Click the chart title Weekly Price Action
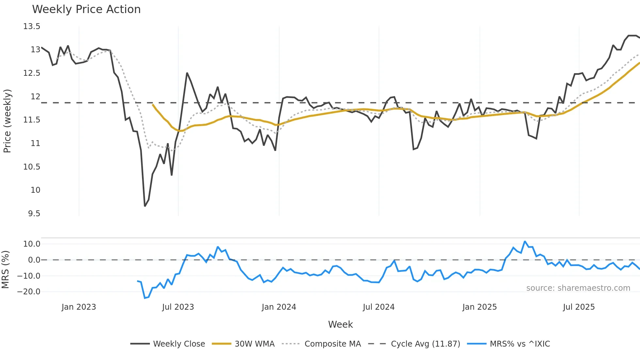(x=86, y=9)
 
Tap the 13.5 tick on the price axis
(x=32, y=26)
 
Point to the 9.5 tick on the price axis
(x=34, y=214)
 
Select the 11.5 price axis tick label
(x=32, y=120)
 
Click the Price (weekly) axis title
(x=7, y=121)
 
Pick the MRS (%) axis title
(x=5, y=270)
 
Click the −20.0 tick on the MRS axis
(x=29, y=292)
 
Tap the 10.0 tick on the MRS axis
(x=32, y=244)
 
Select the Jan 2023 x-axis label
(x=79, y=307)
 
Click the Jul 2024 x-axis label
(x=378, y=307)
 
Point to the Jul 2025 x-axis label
(x=579, y=307)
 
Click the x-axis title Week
(x=340, y=324)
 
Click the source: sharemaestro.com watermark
(x=578, y=288)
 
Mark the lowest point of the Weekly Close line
(x=145, y=206)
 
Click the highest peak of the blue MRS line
(x=525, y=241)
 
